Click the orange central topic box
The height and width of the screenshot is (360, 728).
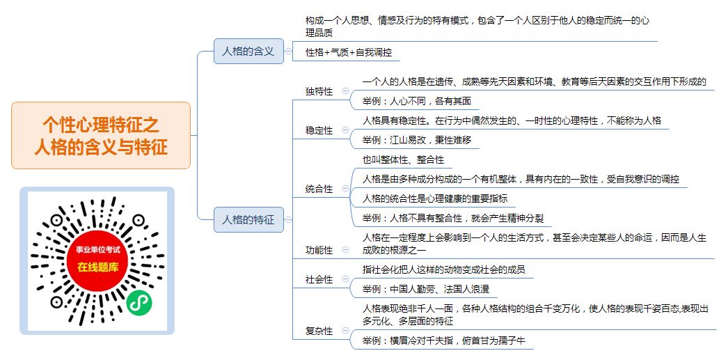[x=101, y=135]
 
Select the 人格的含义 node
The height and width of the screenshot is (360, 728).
[x=248, y=51]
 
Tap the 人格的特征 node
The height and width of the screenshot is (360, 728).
[x=248, y=220]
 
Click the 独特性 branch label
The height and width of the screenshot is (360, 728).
[x=319, y=91]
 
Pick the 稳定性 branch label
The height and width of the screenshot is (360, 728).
[x=319, y=130]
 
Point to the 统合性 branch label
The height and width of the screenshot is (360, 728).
[x=319, y=189]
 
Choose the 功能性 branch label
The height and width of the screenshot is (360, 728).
[x=319, y=251]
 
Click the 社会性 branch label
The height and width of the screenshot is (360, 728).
[x=319, y=280]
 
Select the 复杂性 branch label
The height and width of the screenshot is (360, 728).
[x=319, y=331]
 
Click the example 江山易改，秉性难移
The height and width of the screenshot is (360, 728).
[x=417, y=140]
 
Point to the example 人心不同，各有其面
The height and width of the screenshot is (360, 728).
[x=417, y=101]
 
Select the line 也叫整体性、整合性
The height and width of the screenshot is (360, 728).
[x=403, y=159]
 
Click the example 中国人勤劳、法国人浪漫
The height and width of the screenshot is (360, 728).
[x=426, y=290]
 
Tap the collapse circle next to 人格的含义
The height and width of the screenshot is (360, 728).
[x=288, y=52]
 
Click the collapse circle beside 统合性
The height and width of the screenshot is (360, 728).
[x=345, y=189]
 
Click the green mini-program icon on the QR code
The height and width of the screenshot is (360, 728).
[x=139, y=302]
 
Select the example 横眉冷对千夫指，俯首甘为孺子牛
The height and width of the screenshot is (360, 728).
[x=444, y=341]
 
